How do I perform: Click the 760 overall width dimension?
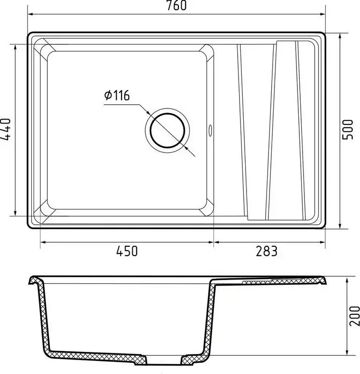176,5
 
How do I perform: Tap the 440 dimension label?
6,129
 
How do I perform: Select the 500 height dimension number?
347,129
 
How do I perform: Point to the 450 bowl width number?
127,251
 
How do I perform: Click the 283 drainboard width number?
267,251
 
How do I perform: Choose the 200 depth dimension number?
354,316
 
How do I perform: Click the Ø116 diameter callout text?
117,95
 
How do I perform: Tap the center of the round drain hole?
168,130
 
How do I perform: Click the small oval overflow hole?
210,130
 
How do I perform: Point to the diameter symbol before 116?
108,95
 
